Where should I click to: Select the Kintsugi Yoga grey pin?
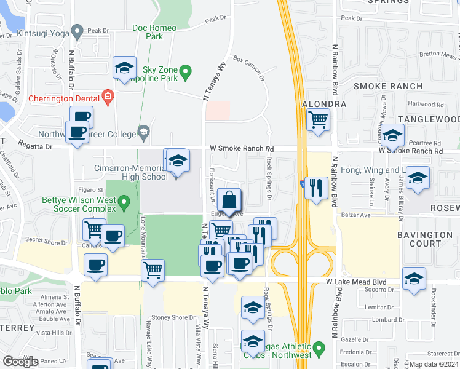coord(77,30)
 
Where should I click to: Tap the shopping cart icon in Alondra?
coord(317,119)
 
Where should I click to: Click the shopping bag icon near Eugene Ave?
coord(229,200)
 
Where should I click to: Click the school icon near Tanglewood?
coord(392,135)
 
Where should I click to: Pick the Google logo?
coord(20,362)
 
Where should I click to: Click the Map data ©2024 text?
coord(434,364)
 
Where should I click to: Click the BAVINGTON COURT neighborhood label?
coord(425,239)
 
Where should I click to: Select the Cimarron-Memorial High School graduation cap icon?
coord(177,161)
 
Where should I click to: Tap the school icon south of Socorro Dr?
coord(414,279)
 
